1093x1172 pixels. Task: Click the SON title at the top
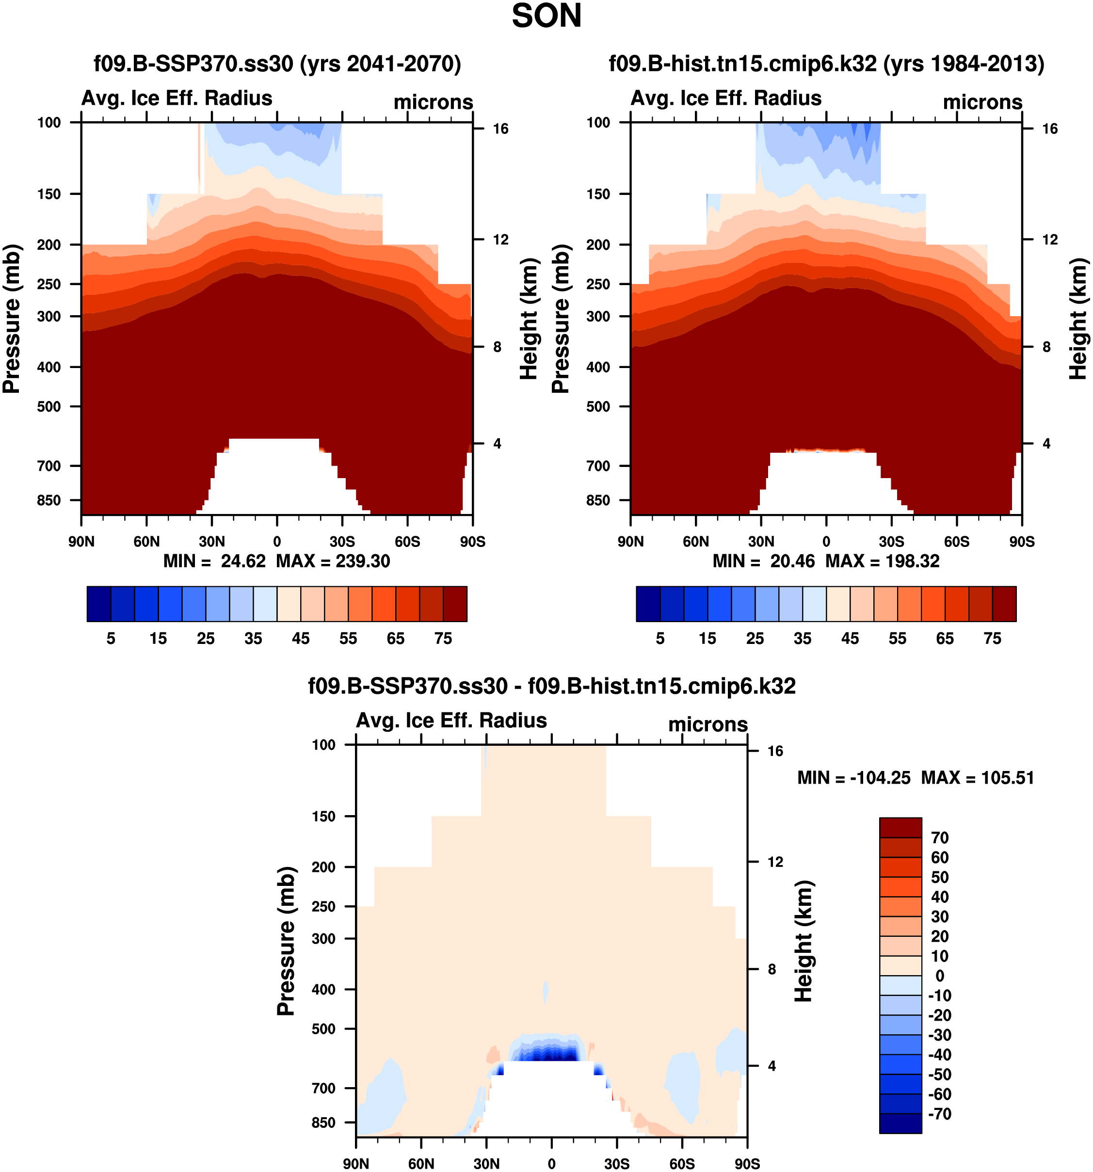pyautogui.click(x=546, y=16)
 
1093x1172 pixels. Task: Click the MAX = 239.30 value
pyautogui.click(x=333, y=561)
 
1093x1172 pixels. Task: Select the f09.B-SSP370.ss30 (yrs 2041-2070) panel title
pyautogui.click(x=277, y=64)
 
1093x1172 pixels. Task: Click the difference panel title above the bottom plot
pyautogui.click(x=552, y=686)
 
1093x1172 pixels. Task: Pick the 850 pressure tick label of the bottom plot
pyautogui.click(x=323, y=1123)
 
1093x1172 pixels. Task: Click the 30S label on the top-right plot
pyautogui.click(x=891, y=541)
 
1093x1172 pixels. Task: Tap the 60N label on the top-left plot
pyautogui.click(x=147, y=541)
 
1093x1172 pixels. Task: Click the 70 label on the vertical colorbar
pyautogui.click(x=940, y=838)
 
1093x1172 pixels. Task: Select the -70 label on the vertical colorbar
pyautogui.click(x=940, y=1114)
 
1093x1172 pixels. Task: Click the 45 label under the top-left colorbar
pyautogui.click(x=301, y=639)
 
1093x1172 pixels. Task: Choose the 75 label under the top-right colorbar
pyautogui.click(x=992, y=639)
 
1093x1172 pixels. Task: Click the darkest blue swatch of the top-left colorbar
pyautogui.click(x=98, y=604)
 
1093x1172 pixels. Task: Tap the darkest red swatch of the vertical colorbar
pyautogui.click(x=900, y=827)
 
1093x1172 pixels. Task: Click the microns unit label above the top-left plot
pyautogui.click(x=434, y=102)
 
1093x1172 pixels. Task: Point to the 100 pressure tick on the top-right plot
pyautogui.click(x=598, y=123)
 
